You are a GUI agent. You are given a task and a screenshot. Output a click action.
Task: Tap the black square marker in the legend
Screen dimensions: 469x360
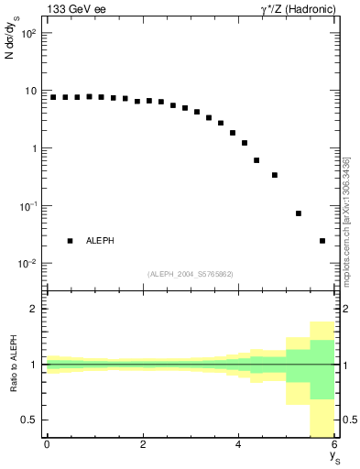(x=70, y=241)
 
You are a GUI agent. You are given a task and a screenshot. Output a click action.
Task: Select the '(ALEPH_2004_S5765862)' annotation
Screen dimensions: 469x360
(x=191, y=274)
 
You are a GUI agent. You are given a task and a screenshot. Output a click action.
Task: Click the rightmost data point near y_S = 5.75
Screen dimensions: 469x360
(x=322, y=241)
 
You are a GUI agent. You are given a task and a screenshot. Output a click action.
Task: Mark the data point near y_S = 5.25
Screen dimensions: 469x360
(x=299, y=213)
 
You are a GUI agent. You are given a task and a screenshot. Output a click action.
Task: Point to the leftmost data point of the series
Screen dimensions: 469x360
(x=53, y=97)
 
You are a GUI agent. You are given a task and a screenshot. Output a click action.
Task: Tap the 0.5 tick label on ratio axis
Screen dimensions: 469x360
(x=31, y=420)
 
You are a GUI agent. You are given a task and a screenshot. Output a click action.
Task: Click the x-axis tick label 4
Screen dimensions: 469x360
(x=239, y=444)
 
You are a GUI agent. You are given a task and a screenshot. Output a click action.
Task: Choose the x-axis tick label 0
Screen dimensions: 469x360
(x=47, y=444)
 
